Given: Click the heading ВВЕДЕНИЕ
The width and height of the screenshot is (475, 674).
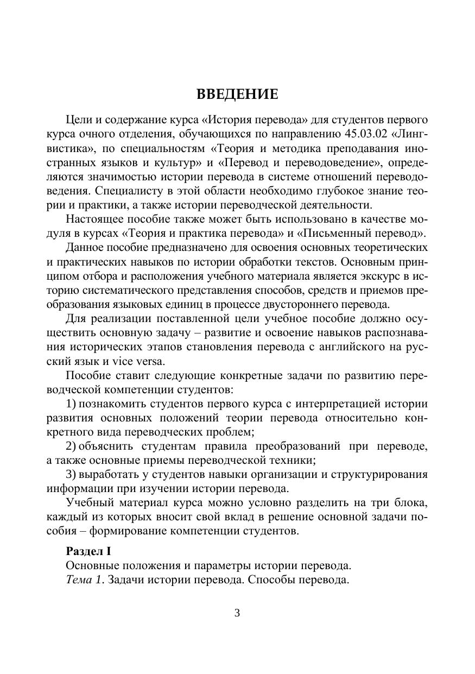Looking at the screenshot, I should pyautogui.click(x=237, y=95).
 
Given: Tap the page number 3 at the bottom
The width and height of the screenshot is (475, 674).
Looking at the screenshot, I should pyautogui.click(x=237, y=613).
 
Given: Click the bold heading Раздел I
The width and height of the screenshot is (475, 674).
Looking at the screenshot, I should pyautogui.click(x=88, y=551).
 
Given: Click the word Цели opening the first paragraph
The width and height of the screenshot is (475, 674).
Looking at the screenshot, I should pyautogui.click(x=78, y=119).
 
